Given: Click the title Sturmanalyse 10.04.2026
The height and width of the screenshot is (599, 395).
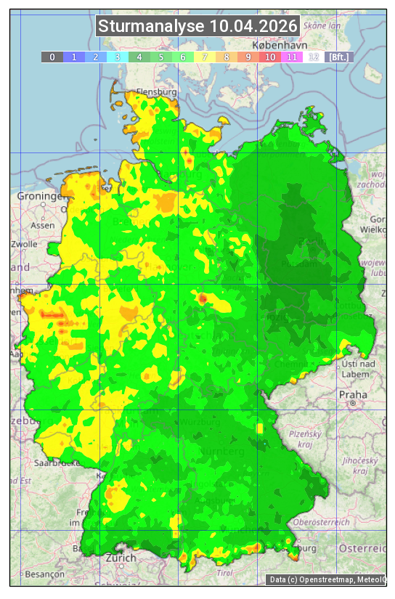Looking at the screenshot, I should click(197, 27).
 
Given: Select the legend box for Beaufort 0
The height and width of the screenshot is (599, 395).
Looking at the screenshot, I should click(52, 57).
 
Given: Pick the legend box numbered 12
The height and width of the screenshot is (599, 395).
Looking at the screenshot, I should click(314, 57).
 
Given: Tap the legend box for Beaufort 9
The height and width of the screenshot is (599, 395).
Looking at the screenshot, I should click(248, 57).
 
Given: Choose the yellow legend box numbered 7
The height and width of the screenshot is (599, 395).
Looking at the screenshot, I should click(205, 57).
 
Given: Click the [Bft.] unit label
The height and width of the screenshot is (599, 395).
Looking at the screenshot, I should click(338, 57).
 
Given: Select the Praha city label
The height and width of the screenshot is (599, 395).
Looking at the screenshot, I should click(352, 394).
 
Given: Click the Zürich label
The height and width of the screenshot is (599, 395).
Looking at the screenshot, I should click(121, 558).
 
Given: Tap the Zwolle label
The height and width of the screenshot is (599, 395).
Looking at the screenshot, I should click(25, 244).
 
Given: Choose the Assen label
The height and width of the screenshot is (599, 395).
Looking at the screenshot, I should click(44, 225).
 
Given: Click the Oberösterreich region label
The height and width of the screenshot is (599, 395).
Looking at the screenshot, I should click(322, 521).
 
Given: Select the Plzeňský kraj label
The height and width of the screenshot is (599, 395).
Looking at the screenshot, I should click(301, 437).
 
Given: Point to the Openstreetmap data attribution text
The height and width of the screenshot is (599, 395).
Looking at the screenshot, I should click(327, 579).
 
